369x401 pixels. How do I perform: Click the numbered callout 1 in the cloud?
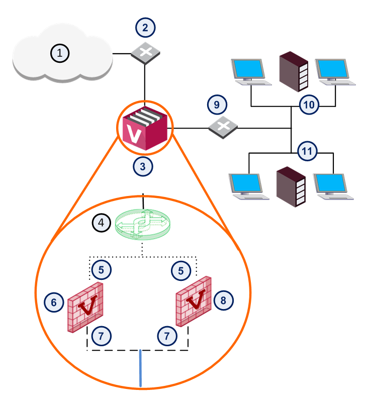pyautogui.click(x=60, y=53)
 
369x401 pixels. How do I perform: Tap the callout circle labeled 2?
pyautogui.click(x=145, y=28)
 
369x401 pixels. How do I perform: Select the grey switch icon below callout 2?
pyautogui.click(x=145, y=53)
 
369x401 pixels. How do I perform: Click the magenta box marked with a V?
pyautogui.click(x=145, y=128)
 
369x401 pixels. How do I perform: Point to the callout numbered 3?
pyautogui.click(x=143, y=166)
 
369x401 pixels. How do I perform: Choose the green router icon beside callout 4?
pyautogui.click(x=143, y=225)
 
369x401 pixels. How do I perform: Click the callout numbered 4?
pyautogui.click(x=102, y=223)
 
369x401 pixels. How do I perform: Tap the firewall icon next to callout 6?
pyautogui.click(x=85, y=307)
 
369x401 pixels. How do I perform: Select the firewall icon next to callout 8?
pyautogui.click(x=194, y=302)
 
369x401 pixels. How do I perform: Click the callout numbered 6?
pyautogui.click(x=54, y=303)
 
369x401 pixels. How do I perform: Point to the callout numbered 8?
pyautogui.click(x=223, y=300)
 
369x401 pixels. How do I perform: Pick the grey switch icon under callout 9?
pyautogui.click(x=223, y=127)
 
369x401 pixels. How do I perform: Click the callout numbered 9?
pyautogui.click(x=217, y=105)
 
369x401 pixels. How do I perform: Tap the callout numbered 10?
pyautogui.click(x=309, y=105)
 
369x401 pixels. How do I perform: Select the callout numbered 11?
pyautogui.click(x=307, y=151)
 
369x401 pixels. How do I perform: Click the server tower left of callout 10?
pyautogui.click(x=294, y=71)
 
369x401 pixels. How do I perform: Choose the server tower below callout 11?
pyautogui.click(x=291, y=187)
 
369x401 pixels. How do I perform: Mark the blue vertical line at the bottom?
pyautogui.click(x=140, y=368)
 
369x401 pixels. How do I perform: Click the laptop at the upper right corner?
pyautogui.click(x=335, y=72)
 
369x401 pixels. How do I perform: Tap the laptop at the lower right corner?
pyautogui.click(x=333, y=186)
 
